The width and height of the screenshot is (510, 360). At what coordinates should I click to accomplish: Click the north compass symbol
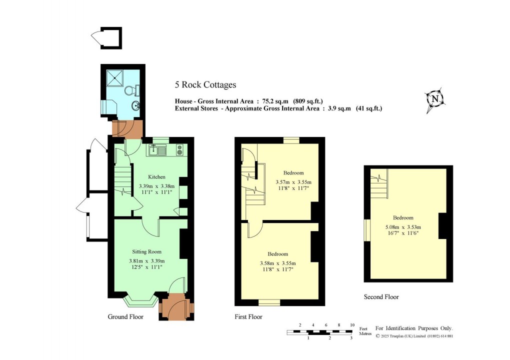coord(435,99)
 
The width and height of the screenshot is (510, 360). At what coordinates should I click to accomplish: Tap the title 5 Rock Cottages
coord(205,85)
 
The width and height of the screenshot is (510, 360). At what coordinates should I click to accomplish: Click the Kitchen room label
coord(156,177)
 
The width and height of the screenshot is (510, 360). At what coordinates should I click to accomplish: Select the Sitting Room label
coord(146,251)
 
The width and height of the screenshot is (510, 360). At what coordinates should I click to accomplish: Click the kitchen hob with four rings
coord(179,149)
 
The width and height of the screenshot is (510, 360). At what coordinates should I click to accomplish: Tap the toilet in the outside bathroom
coord(133,90)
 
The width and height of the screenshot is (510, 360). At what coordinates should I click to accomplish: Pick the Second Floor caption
coord(381,297)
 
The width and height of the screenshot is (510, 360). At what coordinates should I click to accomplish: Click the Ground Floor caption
coord(125,317)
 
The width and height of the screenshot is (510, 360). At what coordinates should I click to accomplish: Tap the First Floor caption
coord(248,317)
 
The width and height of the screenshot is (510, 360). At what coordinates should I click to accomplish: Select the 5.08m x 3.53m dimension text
coord(403,228)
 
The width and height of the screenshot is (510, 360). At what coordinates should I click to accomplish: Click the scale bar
coord(320,332)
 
